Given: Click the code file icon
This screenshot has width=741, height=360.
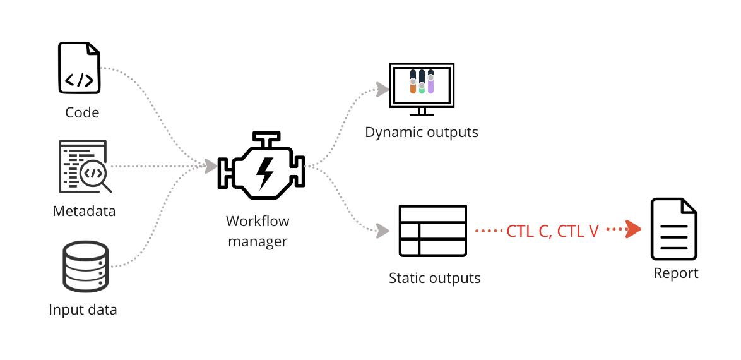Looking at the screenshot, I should coord(80,68).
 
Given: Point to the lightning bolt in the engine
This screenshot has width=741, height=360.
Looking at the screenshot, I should coord(264,169).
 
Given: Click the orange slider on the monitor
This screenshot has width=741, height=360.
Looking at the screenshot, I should coord(413,87).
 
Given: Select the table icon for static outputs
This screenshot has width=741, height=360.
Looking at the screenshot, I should coord(432,231).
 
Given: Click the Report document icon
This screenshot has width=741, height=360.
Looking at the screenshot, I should coord(674,229).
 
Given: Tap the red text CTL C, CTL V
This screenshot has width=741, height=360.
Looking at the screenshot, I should coord(552,231).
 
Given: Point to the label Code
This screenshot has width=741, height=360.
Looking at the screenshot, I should coord(82,112).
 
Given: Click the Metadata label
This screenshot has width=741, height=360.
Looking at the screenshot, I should coord(84,211).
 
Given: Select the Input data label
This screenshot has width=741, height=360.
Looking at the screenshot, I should coord(83,310).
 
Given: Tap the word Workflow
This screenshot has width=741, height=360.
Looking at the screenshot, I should coord(258,222).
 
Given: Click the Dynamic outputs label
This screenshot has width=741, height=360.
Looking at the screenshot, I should coord(422,133).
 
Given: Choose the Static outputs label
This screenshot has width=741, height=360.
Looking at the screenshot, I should coord(434,278).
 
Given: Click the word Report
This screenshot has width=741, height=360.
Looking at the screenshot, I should coord(675,273).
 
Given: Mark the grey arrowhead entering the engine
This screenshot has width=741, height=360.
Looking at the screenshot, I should coord(210,166).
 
